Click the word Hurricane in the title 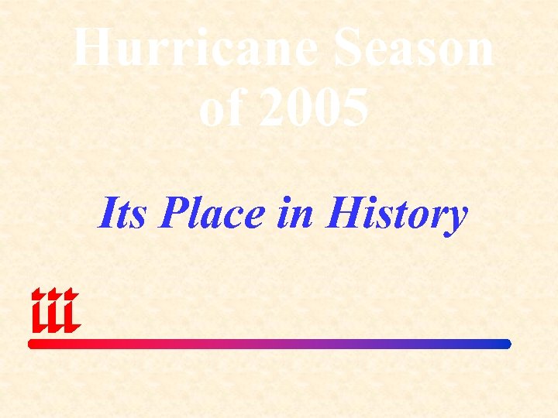193,48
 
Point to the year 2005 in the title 314,108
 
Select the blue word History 397,214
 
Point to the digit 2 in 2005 272,108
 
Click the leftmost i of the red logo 38,311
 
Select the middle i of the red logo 53,311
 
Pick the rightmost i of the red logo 70,311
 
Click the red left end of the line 33,344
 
